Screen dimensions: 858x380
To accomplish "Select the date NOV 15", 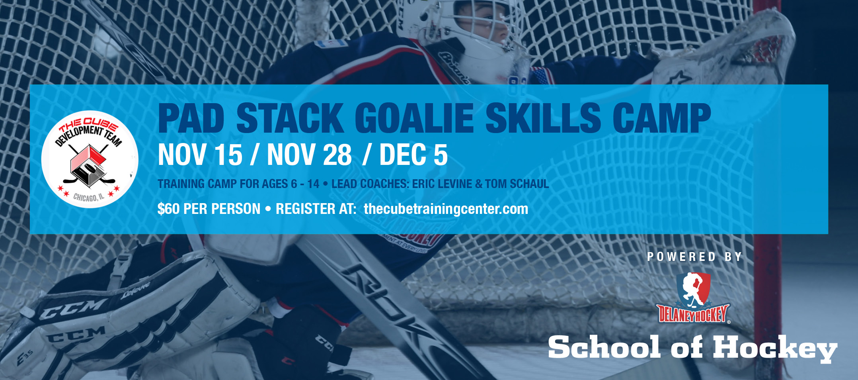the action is click(x=200, y=155).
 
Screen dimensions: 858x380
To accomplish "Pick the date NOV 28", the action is click(x=309, y=155).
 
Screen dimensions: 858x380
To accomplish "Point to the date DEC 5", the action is click(x=413, y=155).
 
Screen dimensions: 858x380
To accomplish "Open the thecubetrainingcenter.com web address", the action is click(x=446, y=209).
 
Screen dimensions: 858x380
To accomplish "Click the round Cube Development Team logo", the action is click(x=90, y=159).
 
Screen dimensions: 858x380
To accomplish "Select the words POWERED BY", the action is click(x=694, y=257).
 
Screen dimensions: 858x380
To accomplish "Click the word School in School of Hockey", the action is click(x=604, y=347).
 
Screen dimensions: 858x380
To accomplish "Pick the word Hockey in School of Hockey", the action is click(x=775, y=348).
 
